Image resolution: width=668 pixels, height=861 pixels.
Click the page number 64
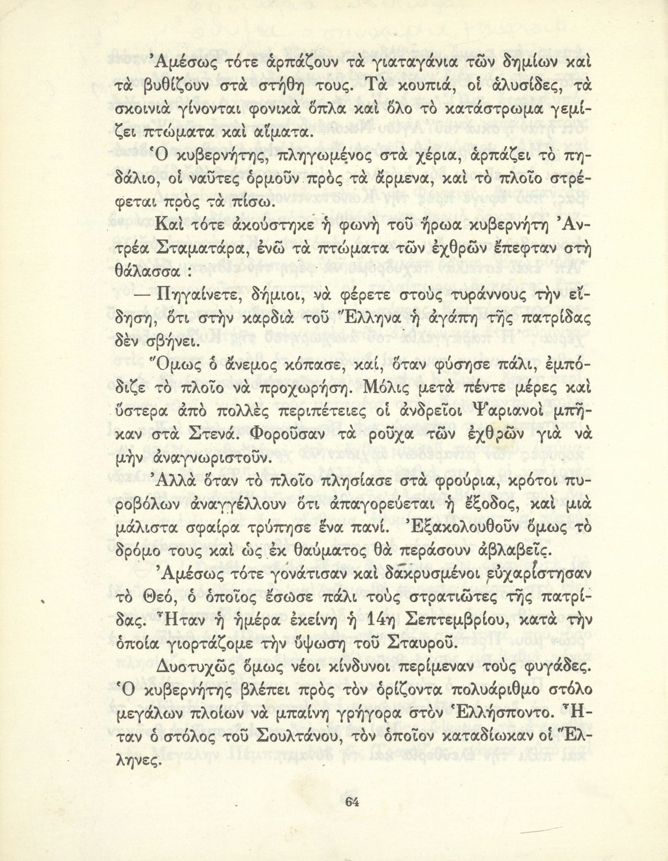point(351,801)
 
